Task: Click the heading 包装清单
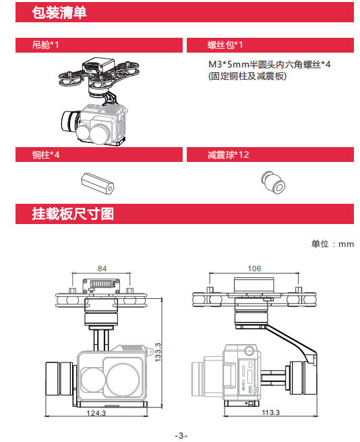59,12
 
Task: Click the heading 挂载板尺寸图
73,214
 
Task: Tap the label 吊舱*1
46,45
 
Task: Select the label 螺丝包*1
225,45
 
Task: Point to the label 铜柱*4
46,155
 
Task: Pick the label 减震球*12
228,155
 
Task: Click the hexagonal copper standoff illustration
98,184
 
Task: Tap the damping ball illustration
273,182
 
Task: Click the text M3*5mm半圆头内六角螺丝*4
269,65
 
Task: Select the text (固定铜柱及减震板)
247,76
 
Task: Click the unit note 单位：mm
332,244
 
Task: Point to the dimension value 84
102,269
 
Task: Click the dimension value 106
254,269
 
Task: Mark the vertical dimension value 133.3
158,352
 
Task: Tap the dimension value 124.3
96,413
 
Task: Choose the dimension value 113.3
271,412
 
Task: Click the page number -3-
181,435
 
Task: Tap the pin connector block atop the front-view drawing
101,286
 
